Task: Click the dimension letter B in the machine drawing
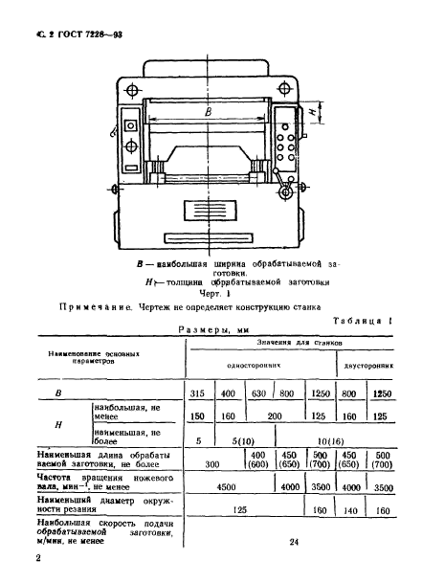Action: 209,113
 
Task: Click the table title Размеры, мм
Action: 216,335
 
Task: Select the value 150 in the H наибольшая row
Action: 199,415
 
